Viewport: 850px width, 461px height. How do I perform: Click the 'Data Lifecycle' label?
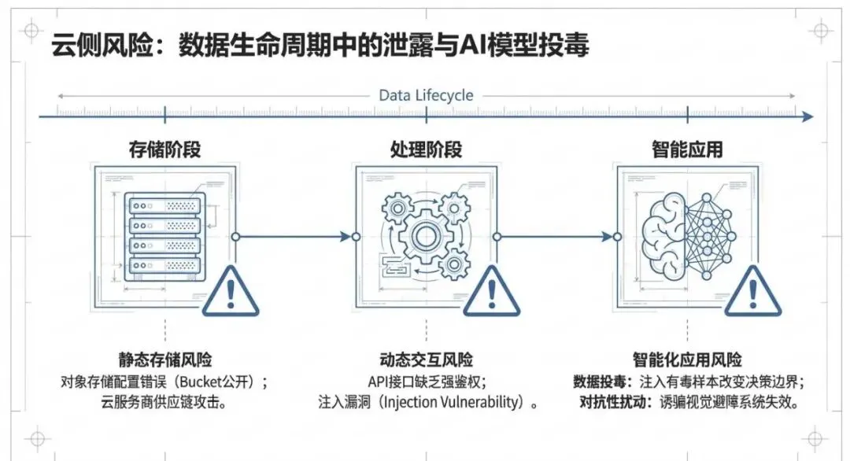coord(426,95)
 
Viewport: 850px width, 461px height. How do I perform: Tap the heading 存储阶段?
coord(164,149)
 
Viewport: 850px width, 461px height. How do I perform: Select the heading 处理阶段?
coord(426,149)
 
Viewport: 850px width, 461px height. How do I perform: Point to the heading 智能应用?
coord(687,149)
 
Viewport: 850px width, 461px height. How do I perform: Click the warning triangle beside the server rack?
coord(230,291)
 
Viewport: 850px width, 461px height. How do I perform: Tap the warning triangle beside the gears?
coord(492,291)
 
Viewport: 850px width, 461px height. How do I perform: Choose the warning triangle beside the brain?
coord(753,291)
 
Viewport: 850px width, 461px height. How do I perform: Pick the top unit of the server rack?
coord(165,204)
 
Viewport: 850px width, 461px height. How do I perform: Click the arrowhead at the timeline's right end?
coord(807,117)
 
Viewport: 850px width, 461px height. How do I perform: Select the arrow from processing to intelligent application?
coord(556,235)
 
